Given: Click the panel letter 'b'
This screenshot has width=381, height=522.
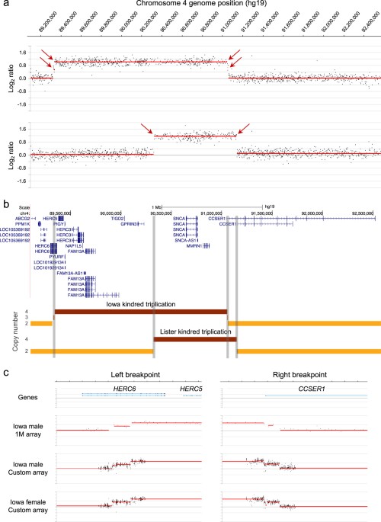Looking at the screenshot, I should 5,204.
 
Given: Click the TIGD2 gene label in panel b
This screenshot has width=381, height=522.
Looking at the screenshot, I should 117,217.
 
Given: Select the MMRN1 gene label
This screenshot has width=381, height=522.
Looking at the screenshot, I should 189,245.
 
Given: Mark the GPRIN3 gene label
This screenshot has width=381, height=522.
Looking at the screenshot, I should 128,224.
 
